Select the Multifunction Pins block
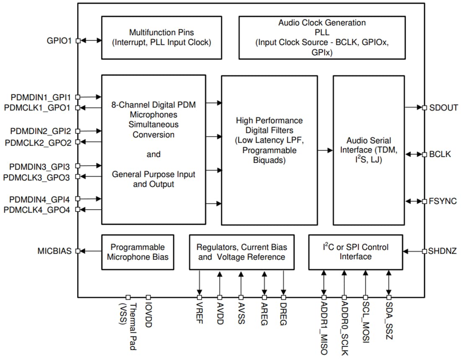pyautogui.click(x=161, y=38)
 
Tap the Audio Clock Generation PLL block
pyautogui.click(x=322, y=38)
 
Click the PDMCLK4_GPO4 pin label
pyautogui.click(x=37, y=210)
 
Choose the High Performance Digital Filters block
pyautogui.click(x=269, y=150)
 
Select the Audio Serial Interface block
pyautogui.click(x=368, y=150)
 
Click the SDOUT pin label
pyautogui.click(x=443, y=108)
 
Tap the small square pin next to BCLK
pyautogui.click(x=424, y=154)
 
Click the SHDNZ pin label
pyautogui.click(x=442, y=251)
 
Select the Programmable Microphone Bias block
pyautogui.click(x=137, y=252)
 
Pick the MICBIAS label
pyautogui.click(x=54, y=251)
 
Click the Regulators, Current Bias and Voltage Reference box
pyautogui.click(x=241, y=252)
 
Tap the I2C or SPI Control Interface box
pyautogui.click(x=355, y=252)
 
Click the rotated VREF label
pyautogui.click(x=199, y=314)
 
